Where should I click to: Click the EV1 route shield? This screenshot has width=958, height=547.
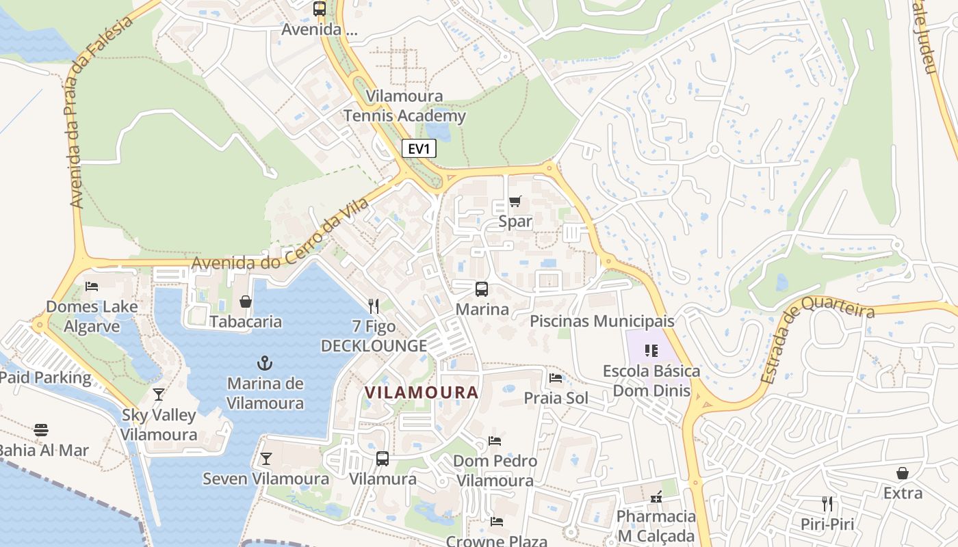418,149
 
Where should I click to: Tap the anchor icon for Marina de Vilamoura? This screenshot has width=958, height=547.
265,362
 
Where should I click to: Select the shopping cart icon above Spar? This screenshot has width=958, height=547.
515,201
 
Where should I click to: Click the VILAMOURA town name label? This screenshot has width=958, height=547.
421,392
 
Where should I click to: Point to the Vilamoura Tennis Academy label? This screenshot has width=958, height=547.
404,106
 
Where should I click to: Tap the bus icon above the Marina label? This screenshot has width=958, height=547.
482,289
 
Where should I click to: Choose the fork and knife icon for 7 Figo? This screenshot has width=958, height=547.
374,306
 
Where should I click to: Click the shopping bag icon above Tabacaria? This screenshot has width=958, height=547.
245,301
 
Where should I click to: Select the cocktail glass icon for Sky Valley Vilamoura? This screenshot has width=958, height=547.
159,394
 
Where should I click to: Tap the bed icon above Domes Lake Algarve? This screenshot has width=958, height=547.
92,286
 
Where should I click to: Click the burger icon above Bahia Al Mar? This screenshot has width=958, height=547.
41,430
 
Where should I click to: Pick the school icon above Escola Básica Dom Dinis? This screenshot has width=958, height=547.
651,351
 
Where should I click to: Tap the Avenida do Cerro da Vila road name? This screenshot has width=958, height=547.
281,235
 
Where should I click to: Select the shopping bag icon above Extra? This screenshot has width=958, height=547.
903,472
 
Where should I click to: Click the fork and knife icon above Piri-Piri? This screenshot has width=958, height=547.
827,504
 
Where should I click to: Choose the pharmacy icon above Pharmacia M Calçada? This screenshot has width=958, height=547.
656,496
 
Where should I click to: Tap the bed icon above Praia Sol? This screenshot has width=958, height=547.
556,377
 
